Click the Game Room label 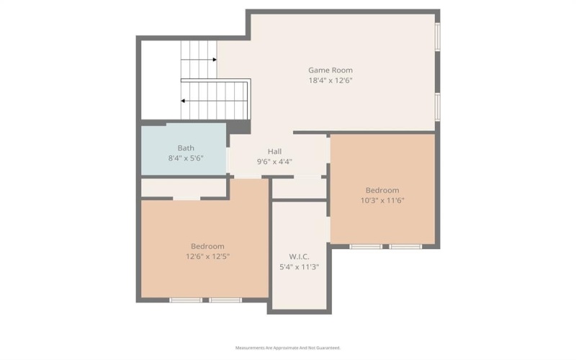click(x=330, y=70)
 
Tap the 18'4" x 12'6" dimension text click(x=330, y=81)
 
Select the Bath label click(x=186, y=148)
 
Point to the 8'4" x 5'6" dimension click(x=186, y=158)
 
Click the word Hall click(x=274, y=151)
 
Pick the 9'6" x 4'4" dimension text click(x=274, y=161)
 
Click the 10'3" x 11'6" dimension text click(x=382, y=200)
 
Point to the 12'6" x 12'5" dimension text click(x=207, y=256)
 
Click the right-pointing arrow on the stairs click(x=214, y=60)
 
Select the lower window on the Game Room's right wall click(x=437, y=105)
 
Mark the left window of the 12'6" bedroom click(x=186, y=300)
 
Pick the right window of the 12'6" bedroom click(x=225, y=300)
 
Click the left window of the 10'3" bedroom click(x=366, y=246)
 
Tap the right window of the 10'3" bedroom click(x=405, y=246)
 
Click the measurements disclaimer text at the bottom click(x=288, y=347)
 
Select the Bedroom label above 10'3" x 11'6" click(x=382, y=190)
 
